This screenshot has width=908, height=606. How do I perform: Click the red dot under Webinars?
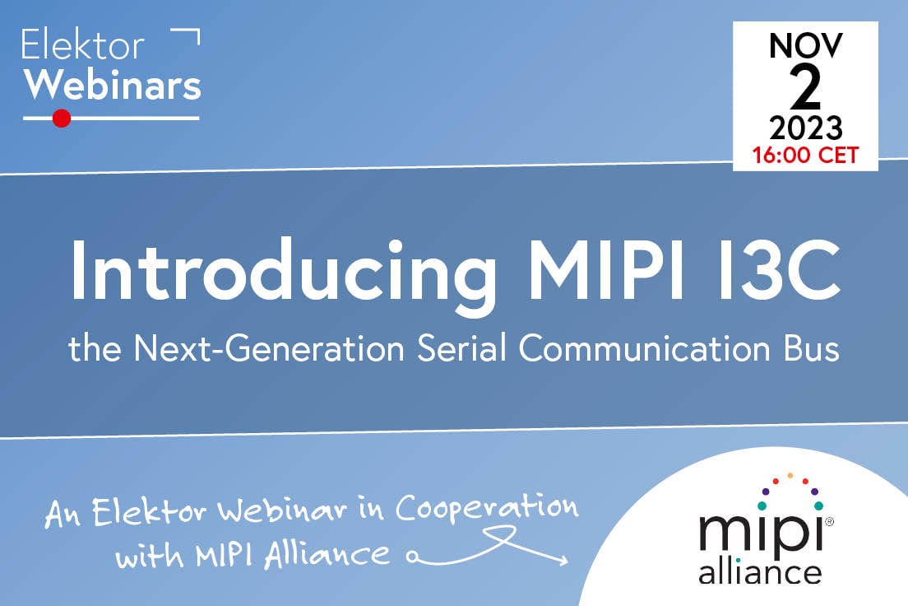click(61, 118)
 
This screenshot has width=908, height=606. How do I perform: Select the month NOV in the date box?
click(805, 46)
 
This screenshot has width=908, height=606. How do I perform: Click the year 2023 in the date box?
click(805, 128)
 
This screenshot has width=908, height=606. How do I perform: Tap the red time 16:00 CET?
click(805, 155)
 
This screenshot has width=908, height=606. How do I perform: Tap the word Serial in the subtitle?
click(459, 348)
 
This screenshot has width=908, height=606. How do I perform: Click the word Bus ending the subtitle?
click(809, 348)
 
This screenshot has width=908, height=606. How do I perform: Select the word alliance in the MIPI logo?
click(759, 570)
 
